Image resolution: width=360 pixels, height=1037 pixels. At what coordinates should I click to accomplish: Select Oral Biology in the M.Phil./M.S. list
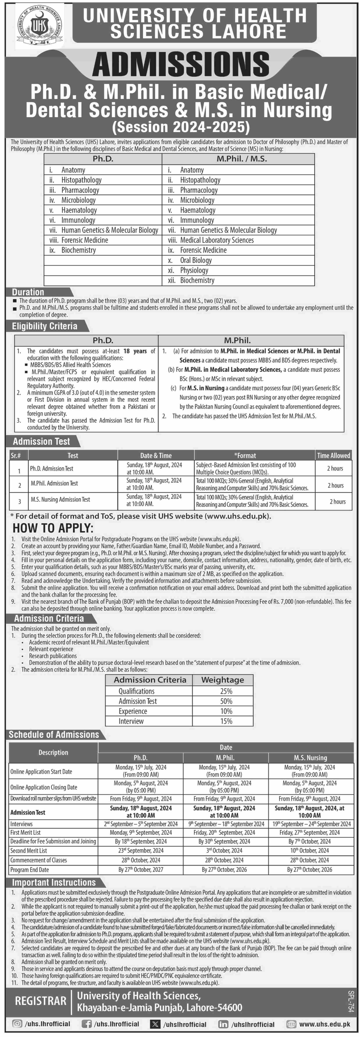tap(196, 260)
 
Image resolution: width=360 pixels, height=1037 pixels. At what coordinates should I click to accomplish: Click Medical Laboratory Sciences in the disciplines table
tap(217, 240)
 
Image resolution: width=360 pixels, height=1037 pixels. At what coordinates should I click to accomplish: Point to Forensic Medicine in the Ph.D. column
tap(85, 240)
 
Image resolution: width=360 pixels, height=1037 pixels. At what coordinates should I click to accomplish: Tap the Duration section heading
tap(28, 292)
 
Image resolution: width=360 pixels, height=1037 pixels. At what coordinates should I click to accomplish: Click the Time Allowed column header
tap(333, 455)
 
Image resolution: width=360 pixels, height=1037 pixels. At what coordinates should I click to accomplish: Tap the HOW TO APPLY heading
tap(53, 528)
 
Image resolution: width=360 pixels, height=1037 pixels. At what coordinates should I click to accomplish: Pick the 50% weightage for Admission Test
tap(226, 701)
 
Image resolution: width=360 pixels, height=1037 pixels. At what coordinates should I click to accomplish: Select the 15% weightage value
tap(226, 721)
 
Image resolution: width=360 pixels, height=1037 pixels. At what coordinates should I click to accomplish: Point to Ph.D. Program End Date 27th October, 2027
tap(141, 869)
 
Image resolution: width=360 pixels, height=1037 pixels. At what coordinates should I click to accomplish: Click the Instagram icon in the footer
tap(17, 1024)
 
